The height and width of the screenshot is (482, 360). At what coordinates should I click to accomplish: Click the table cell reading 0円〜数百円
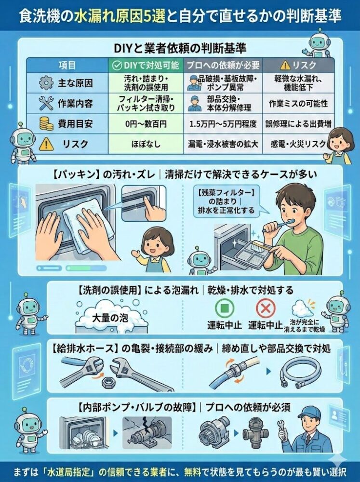click(146, 124)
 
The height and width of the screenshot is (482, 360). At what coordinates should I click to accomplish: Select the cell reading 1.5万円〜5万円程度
click(223, 124)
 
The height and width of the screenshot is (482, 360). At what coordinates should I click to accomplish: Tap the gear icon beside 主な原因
click(46, 83)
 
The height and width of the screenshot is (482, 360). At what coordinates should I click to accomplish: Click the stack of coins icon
click(46, 123)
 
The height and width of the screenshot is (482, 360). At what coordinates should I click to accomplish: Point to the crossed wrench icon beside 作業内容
click(46, 103)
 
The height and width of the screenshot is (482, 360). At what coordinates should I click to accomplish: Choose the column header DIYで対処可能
click(146, 65)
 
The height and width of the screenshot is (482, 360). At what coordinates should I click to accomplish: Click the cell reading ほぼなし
click(146, 144)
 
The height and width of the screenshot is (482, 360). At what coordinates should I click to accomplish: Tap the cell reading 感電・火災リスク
click(298, 144)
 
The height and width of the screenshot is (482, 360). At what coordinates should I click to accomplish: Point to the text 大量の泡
click(110, 318)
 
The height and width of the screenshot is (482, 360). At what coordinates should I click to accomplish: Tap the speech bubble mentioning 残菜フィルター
click(227, 202)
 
